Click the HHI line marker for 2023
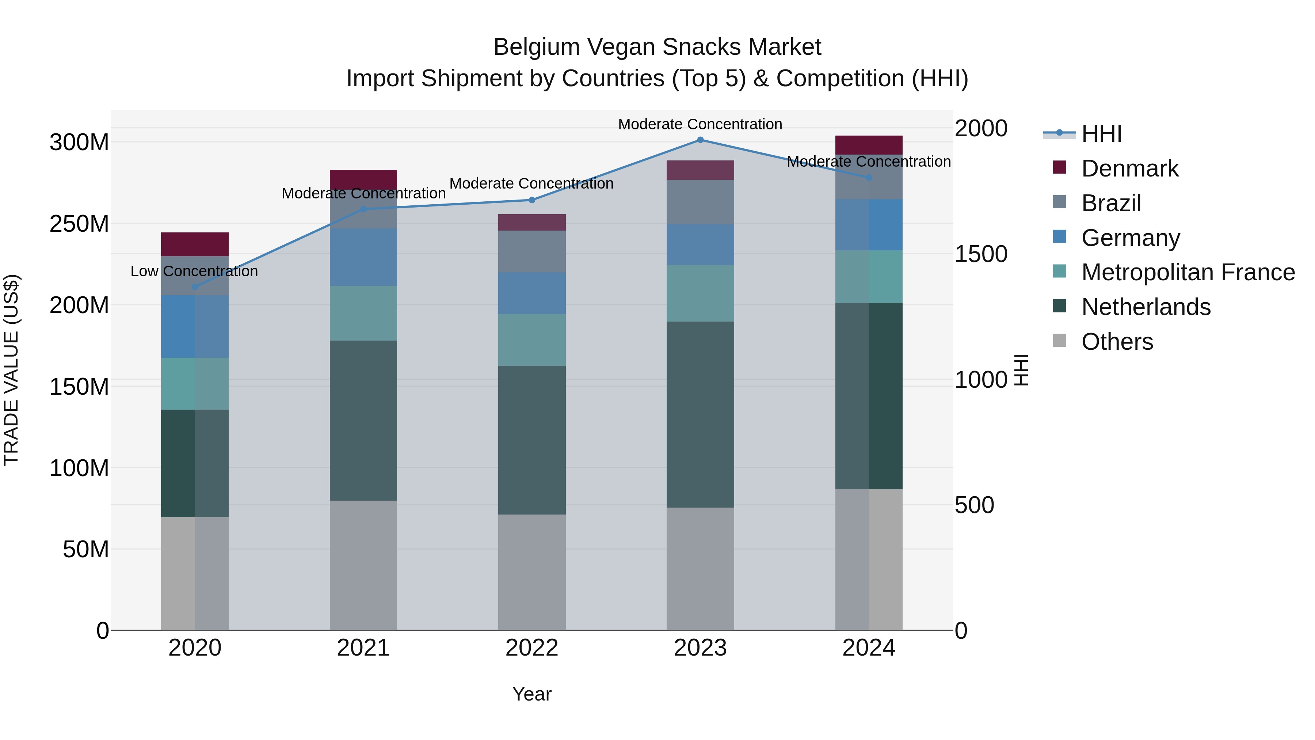click(x=700, y=140)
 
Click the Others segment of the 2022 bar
click(x=531, y=572)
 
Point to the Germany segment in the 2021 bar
click(x=363, y=257)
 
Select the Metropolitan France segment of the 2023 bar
click(x=700, y=293)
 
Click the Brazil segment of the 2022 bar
click(x=531, y=251)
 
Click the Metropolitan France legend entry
click(x=1188, y=272)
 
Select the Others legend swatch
click(x=1059, y=341)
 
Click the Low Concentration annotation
click(x=194, y=271)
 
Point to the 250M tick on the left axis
click(x=79, y=224)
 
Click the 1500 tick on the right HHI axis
click(x=981, y=254)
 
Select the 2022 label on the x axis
click(x=531, y=648)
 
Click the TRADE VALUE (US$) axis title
click(x=12, y=370)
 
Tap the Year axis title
click(x=531, y=694)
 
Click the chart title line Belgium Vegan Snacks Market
click(x=657, y=47)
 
